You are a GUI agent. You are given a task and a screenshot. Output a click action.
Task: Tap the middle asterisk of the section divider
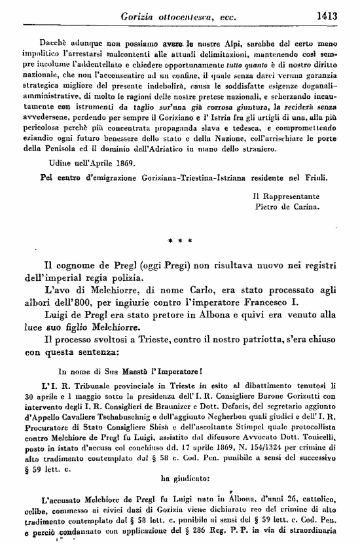click(179, 241)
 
